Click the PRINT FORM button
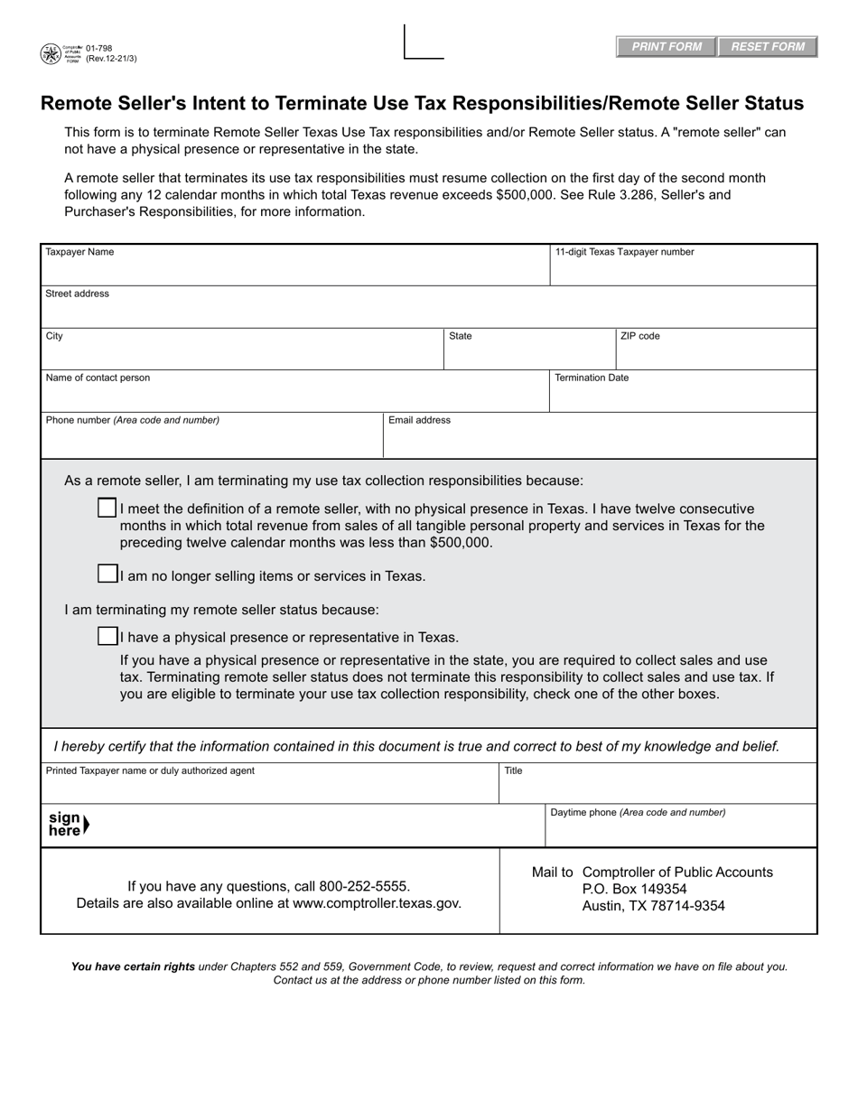click(667, 47)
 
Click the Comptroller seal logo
click(51, 54)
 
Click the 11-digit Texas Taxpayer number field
click(683, 269)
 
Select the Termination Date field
click(683, 394)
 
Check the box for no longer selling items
click(107, 574)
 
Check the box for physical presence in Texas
click(107, 636)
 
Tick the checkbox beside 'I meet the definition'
click(107, 508)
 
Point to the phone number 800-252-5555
click(364, 886)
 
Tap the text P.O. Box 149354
click(635, 889)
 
